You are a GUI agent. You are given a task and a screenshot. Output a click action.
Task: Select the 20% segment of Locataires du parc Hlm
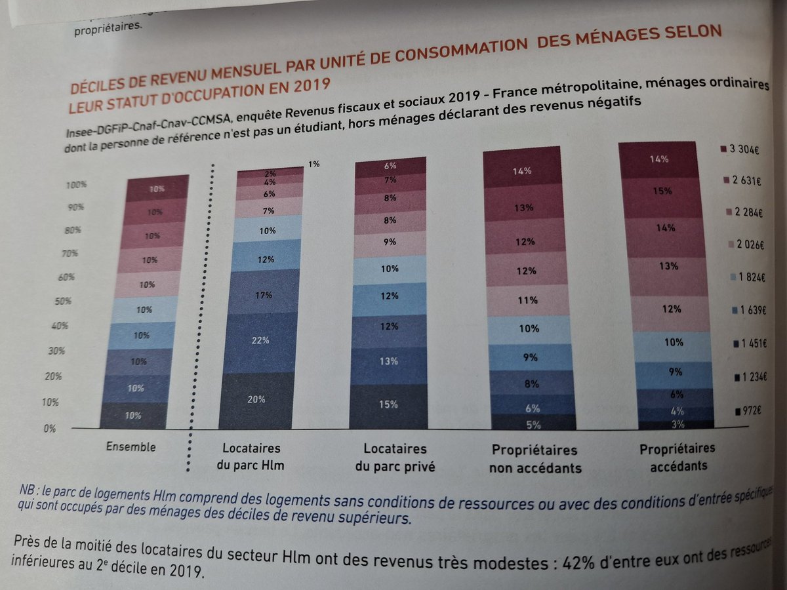click(257, 399)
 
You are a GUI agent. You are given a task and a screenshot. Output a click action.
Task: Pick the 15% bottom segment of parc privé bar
click(388, 404)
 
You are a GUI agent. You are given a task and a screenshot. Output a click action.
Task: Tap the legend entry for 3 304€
click(743, 149)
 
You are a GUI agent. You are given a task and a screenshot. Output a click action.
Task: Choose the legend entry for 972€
click(748, 410)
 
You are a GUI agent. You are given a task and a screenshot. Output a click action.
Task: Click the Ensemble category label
click(131, 447)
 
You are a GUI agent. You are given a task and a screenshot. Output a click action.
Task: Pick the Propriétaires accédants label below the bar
click(677, 456)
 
